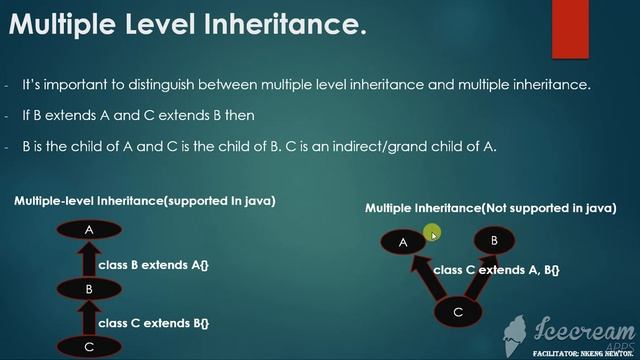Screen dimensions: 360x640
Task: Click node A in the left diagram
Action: pos(89,230)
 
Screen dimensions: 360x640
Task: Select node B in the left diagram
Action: pos(89,289)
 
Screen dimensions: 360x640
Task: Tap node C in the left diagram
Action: pos(89,346)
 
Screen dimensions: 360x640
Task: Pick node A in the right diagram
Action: pos(404,242)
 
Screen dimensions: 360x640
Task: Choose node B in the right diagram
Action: pos(494,240)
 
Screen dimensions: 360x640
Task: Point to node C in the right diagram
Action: pos(458,312)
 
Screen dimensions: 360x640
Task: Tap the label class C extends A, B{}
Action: pos(496,270)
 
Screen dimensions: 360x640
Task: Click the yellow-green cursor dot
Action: pos(431,234)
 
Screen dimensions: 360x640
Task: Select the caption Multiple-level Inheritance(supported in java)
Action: pos(145,201)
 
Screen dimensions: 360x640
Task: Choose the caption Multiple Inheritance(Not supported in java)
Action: pos(490,208)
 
